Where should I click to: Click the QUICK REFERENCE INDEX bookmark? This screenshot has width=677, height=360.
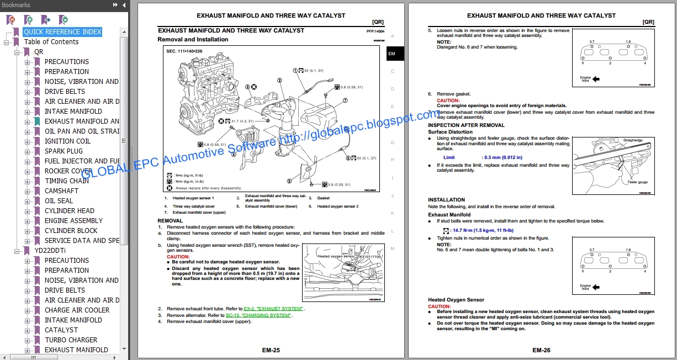[x=62, y=32]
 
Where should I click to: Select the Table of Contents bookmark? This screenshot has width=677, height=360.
[x=51, y=42]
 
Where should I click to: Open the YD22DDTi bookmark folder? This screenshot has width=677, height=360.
[x=50, y=251]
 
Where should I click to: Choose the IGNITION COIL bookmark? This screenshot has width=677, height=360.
[x=67, y=141]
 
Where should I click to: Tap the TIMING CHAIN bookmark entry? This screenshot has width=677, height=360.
[x=67, y=181]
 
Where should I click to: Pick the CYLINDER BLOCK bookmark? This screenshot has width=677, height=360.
[x=71, y=231]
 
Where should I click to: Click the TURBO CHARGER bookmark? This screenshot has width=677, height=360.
[x=71, y=340]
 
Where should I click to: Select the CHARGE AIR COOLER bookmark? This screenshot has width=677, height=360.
[x=77, y=310]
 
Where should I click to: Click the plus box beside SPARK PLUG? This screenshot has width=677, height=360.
[x=28, y=151]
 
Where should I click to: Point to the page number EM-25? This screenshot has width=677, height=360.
[x=271, y=350]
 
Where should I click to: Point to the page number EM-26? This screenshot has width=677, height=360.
[x=542, y=350]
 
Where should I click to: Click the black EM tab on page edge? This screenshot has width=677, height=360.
[x=392, y=54]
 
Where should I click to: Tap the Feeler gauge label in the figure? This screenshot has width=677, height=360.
[x=637, y=182]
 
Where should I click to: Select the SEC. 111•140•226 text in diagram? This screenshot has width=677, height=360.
[x=189, y=51]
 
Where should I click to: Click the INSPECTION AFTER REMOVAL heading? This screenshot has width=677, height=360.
[x=466, y=125]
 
